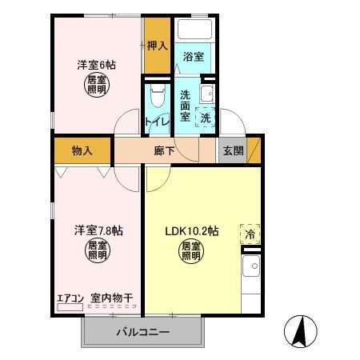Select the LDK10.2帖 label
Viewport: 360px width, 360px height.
[x=192, y=231]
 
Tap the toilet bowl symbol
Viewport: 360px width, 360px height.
[x=157, y=98]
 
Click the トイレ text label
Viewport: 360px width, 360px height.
[x=156, y=122]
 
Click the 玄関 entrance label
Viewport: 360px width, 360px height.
[x=233, y=150]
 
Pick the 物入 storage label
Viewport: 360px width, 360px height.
[x=82, y=150]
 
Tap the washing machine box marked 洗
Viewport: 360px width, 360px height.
[x=206, y=117]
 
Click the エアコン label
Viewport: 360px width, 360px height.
[x=70, y=299]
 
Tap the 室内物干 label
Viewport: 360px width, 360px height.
[x=111, y=299]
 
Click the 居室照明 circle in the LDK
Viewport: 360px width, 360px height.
[x=192, y=252]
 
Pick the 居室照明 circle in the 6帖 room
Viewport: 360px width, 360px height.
[x=97, y=85]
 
